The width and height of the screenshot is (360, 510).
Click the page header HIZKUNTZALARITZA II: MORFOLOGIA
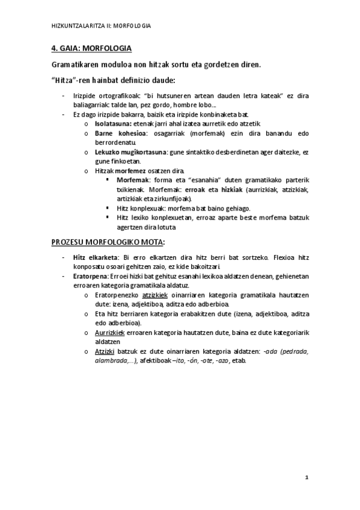(x=100, y=26)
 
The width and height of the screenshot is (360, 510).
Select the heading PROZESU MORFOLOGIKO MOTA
(x=108, y=242)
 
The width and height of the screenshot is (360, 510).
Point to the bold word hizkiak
(x=233, y=189)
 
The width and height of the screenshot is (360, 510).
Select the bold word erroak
(x=196, y=189)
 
